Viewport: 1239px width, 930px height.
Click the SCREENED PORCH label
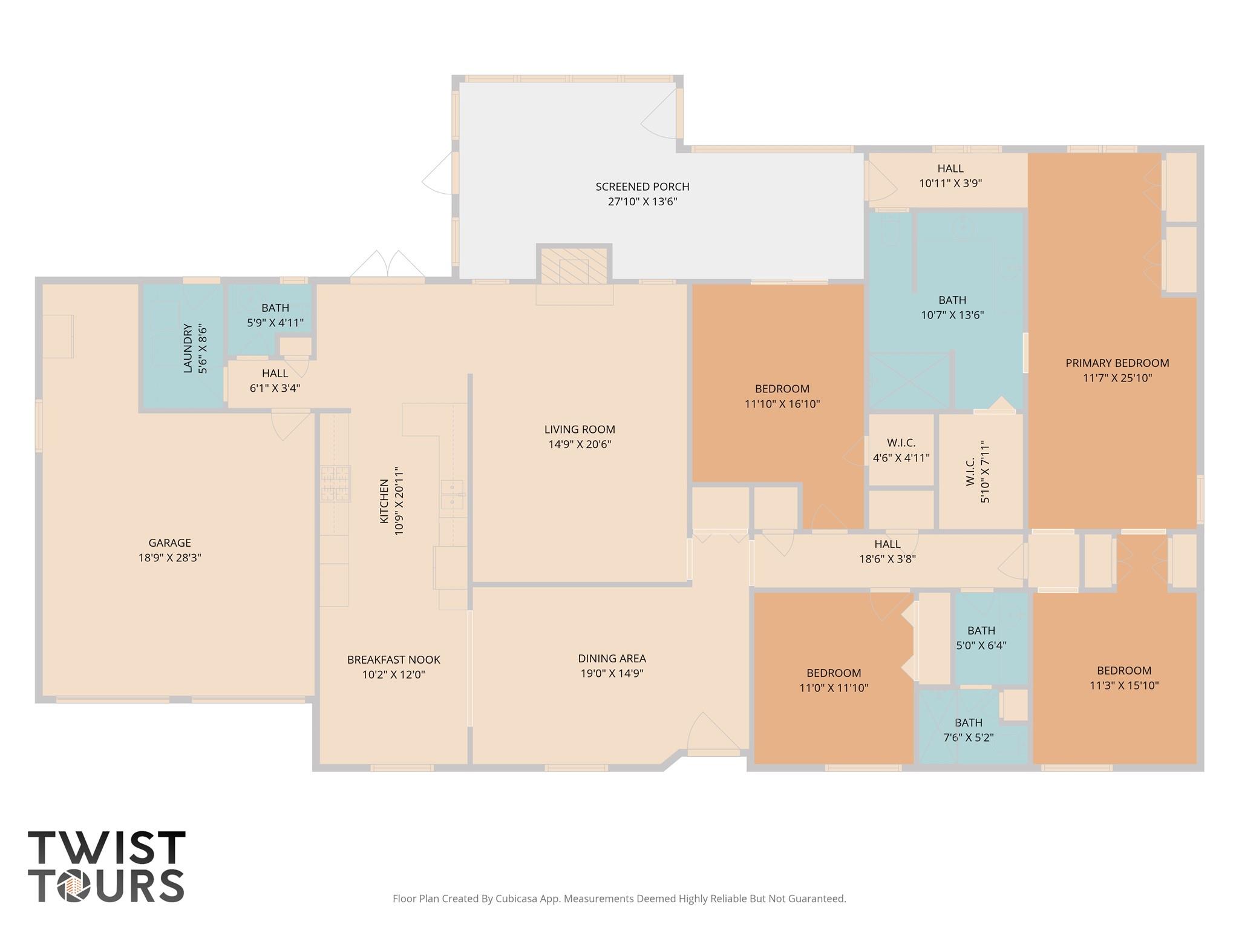tap(642, 186)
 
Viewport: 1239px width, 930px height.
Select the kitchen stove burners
tap(335, 483)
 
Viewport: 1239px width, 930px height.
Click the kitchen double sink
tap(452, 495)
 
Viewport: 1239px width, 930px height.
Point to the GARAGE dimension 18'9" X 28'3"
tap(169, 558)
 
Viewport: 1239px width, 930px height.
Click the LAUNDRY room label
tap(188, 348)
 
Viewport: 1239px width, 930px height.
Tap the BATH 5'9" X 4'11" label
tap(275, 308)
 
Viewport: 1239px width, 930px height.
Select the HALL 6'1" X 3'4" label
tap(275, 374)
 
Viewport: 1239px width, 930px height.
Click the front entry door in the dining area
tap(713, 736)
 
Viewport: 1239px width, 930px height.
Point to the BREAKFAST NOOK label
tap(393, 659)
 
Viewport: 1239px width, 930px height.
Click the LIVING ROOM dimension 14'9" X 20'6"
tap(580, 444)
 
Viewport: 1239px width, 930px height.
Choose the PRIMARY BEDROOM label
tap(1117, 363)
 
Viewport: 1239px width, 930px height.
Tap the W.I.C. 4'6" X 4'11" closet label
tap(901, 443)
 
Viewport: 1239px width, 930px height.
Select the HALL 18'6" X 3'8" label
tap(887, 544)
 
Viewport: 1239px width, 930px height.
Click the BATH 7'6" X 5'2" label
tap(968, 723)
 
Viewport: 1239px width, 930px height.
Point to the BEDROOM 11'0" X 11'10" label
tap(833, 673)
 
